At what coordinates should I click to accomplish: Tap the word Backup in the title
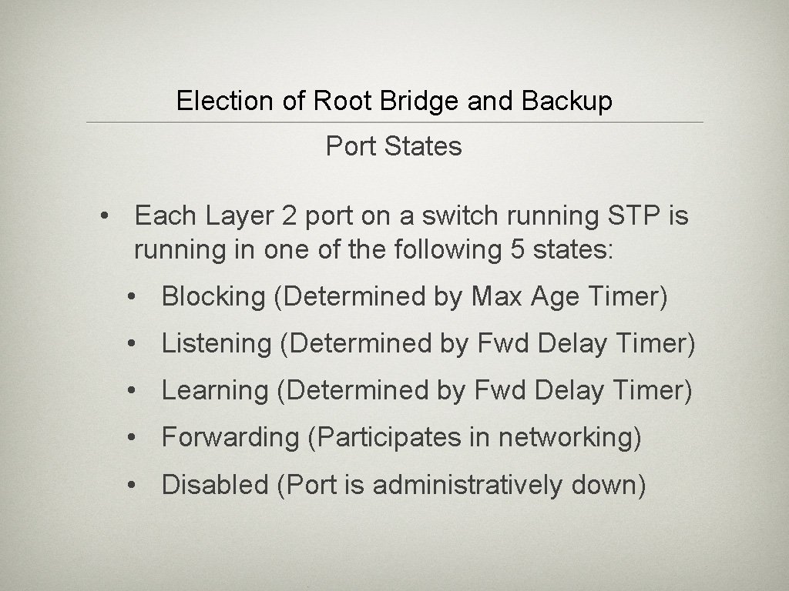(567, 101)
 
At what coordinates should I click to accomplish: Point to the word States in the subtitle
(426, 146)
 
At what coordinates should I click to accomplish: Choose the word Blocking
(213, 297)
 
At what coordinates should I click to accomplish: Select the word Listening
(217, 344)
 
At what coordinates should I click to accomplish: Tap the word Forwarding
(230, 438)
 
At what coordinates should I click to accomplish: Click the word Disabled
(215, 485)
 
